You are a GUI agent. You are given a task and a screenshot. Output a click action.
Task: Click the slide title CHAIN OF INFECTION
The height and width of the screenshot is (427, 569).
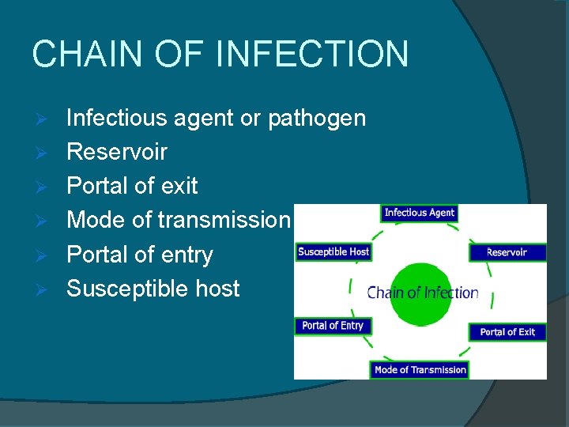[x=220, y=55]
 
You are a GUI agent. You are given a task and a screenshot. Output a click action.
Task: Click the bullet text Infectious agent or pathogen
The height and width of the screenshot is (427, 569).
[x=216, y=119]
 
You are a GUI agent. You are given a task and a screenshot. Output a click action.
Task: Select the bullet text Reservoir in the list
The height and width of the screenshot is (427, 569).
[x=117, y=152]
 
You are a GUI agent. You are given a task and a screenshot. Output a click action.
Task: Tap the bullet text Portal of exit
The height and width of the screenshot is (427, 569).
[x=132, y=186]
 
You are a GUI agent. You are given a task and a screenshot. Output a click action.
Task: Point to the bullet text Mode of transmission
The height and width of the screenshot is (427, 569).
[x=179, y=220]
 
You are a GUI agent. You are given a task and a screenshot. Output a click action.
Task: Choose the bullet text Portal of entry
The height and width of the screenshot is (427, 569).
[x=140, y=255]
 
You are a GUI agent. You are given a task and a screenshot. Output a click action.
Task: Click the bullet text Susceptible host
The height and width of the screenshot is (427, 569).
[x=153, y=289]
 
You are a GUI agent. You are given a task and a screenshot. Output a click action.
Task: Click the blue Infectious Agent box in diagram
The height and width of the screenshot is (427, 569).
[x=420, y=213]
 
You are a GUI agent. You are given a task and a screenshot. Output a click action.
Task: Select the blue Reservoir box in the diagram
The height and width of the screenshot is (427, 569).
[x=507, y=252]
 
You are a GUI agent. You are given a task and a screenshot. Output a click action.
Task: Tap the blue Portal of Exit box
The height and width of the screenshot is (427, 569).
[x=507, y=332]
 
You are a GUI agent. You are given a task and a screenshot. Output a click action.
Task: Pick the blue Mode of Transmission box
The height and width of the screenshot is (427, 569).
[x=420, y=370]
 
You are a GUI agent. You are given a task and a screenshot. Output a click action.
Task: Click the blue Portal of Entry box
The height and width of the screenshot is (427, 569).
[x=333, y=326]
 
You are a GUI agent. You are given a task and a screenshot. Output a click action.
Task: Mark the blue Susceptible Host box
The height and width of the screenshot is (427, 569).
[x=333, y=251]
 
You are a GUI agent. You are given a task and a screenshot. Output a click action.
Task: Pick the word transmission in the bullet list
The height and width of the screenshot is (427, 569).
[x=224, y=220]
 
